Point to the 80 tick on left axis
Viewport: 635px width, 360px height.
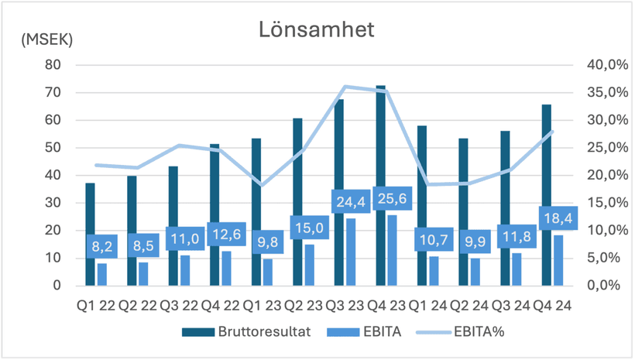click(53, 65)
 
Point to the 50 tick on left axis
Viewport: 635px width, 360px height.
click(53, 148)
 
